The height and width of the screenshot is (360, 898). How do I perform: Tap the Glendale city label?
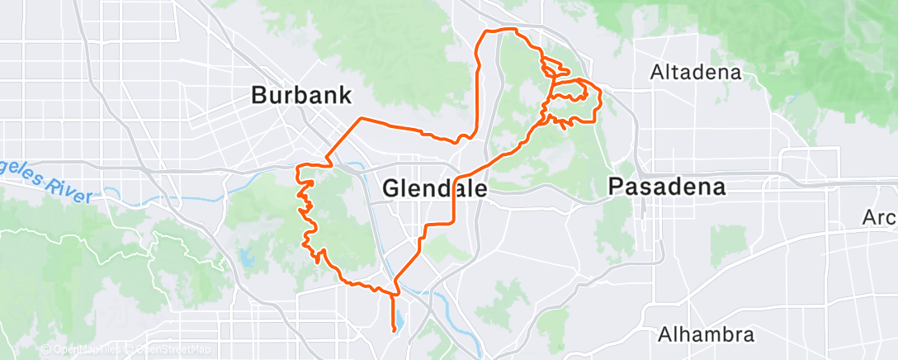pos(435,189)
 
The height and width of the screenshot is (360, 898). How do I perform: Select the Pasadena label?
pos(667,187)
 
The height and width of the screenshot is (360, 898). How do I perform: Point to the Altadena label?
pos(695,72)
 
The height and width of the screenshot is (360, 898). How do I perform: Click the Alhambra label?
pos(707,335)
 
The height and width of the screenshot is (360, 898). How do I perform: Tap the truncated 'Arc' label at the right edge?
pos(879,218)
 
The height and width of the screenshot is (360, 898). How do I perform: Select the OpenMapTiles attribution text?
pos(83,350)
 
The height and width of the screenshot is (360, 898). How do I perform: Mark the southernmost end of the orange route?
pos(395,331)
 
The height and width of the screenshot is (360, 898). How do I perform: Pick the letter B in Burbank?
pos(258,95)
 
